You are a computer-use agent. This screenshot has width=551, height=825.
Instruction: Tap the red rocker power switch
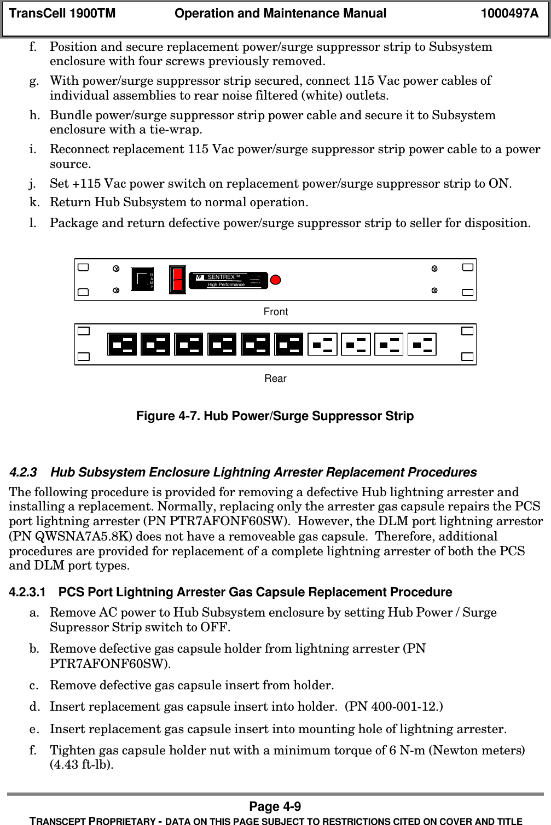pyautogui.click(x=177, y=280)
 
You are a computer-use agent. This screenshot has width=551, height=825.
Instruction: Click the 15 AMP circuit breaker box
pyautogui.click(x=143, y=280)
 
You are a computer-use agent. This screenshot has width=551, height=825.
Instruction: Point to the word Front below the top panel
pyautogui.click(x=276, y=312)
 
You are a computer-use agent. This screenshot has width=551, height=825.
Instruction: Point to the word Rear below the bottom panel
pyautogui.click(x=276, y=379)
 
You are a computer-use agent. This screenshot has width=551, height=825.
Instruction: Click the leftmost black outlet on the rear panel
pyautogui.click(x=123, y=345)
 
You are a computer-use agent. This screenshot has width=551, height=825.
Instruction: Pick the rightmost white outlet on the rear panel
pyautogui.click(x=422, y=345)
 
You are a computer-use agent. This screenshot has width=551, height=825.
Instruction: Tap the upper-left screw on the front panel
pyautogui.click(x=116, y=269)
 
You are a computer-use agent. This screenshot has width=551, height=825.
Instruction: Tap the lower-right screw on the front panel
pyautogui.click(x=434, y=290)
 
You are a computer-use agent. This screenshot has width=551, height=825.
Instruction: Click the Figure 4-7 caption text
pyautogui.click(x=275, y=416)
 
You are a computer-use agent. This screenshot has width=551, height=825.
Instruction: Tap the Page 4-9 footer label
pyautogui.click(x=275, y=807)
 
